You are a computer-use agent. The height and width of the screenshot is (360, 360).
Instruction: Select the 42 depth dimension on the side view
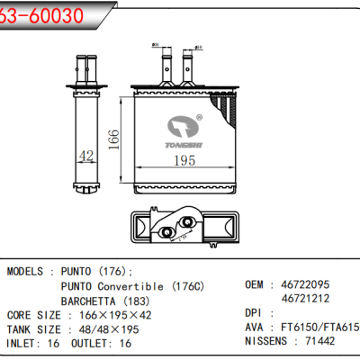pos(86,156)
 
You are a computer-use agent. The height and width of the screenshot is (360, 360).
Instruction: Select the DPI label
pos(256,313)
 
